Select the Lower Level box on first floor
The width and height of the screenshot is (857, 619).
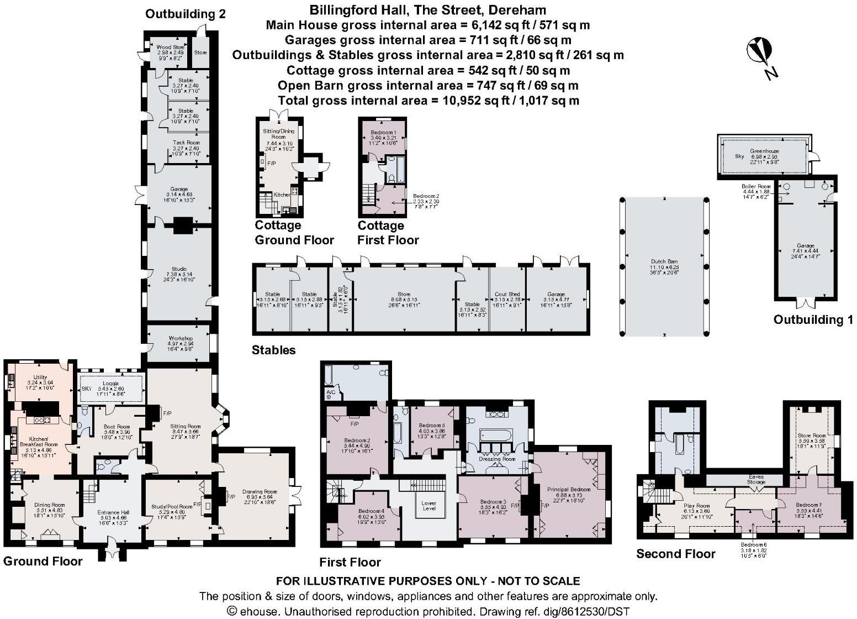[429, 505]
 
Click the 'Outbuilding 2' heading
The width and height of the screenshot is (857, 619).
[185, 14]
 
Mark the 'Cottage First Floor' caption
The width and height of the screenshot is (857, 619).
[388, 233]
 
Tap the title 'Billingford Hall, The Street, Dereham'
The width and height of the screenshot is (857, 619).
[428, 10]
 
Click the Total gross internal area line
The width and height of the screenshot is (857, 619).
[428, 101]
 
